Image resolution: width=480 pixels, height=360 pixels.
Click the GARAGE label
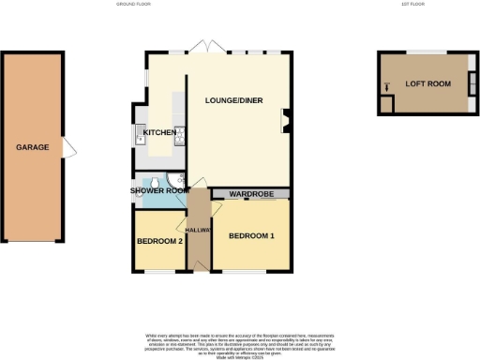point(32,147)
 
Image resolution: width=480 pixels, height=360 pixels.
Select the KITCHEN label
point(158,133)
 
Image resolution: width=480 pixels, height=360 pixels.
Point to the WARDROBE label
point(249,194)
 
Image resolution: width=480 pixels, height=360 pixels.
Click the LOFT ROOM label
point(427,82)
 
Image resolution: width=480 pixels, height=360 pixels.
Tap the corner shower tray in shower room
point(177,181)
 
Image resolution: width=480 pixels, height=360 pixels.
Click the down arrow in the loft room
point(385,88)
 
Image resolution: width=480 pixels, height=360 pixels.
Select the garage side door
point(66,148)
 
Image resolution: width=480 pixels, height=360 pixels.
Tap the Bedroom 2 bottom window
point(157,272)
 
